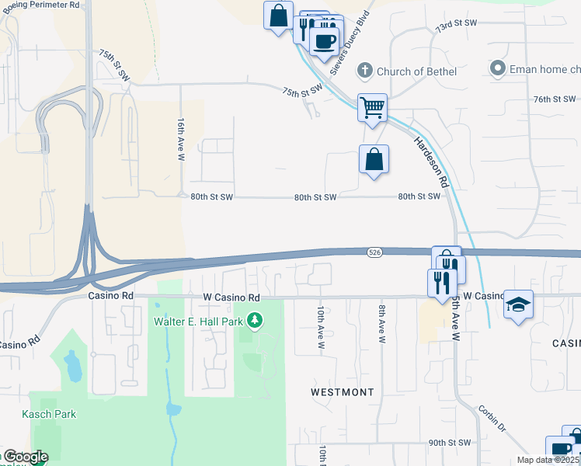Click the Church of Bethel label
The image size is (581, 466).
click(416, 71)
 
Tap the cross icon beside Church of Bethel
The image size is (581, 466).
click(363, 71)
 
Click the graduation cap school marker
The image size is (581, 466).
click(518, 304)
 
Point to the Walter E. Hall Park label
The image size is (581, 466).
click(197, 320)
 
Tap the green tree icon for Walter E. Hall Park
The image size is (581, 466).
click(254, 320)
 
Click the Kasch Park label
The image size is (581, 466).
click(49, 414)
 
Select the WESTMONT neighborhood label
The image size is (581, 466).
click(342, 392)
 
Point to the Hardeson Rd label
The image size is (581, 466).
click(431, 161)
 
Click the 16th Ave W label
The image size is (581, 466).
click(181, 140)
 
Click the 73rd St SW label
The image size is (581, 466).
click(456, 25)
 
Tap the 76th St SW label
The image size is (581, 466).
click(555, 99)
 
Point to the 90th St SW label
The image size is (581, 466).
click(450, 443)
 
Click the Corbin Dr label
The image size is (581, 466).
click(492, 420)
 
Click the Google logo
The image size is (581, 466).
click(26, 457)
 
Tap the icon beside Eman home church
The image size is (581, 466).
click(497, 69)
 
